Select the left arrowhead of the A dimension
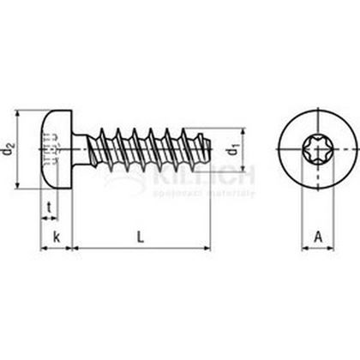click(303, 249)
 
